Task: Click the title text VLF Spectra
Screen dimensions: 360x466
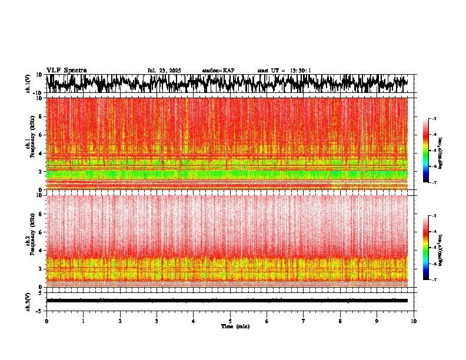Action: (66, 70)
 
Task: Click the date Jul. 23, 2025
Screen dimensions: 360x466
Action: (164, 70)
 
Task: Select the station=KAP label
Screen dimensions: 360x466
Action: (218, 70)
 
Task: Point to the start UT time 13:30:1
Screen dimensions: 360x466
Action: (301, 70)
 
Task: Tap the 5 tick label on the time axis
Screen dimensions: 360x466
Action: (230, 321)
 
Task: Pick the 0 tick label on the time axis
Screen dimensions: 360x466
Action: (46, 321)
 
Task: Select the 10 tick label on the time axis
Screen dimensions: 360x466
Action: (414, 321)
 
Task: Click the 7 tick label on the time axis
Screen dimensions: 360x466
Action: (304, 321)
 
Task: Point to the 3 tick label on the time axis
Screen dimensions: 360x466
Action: (157, 321)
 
